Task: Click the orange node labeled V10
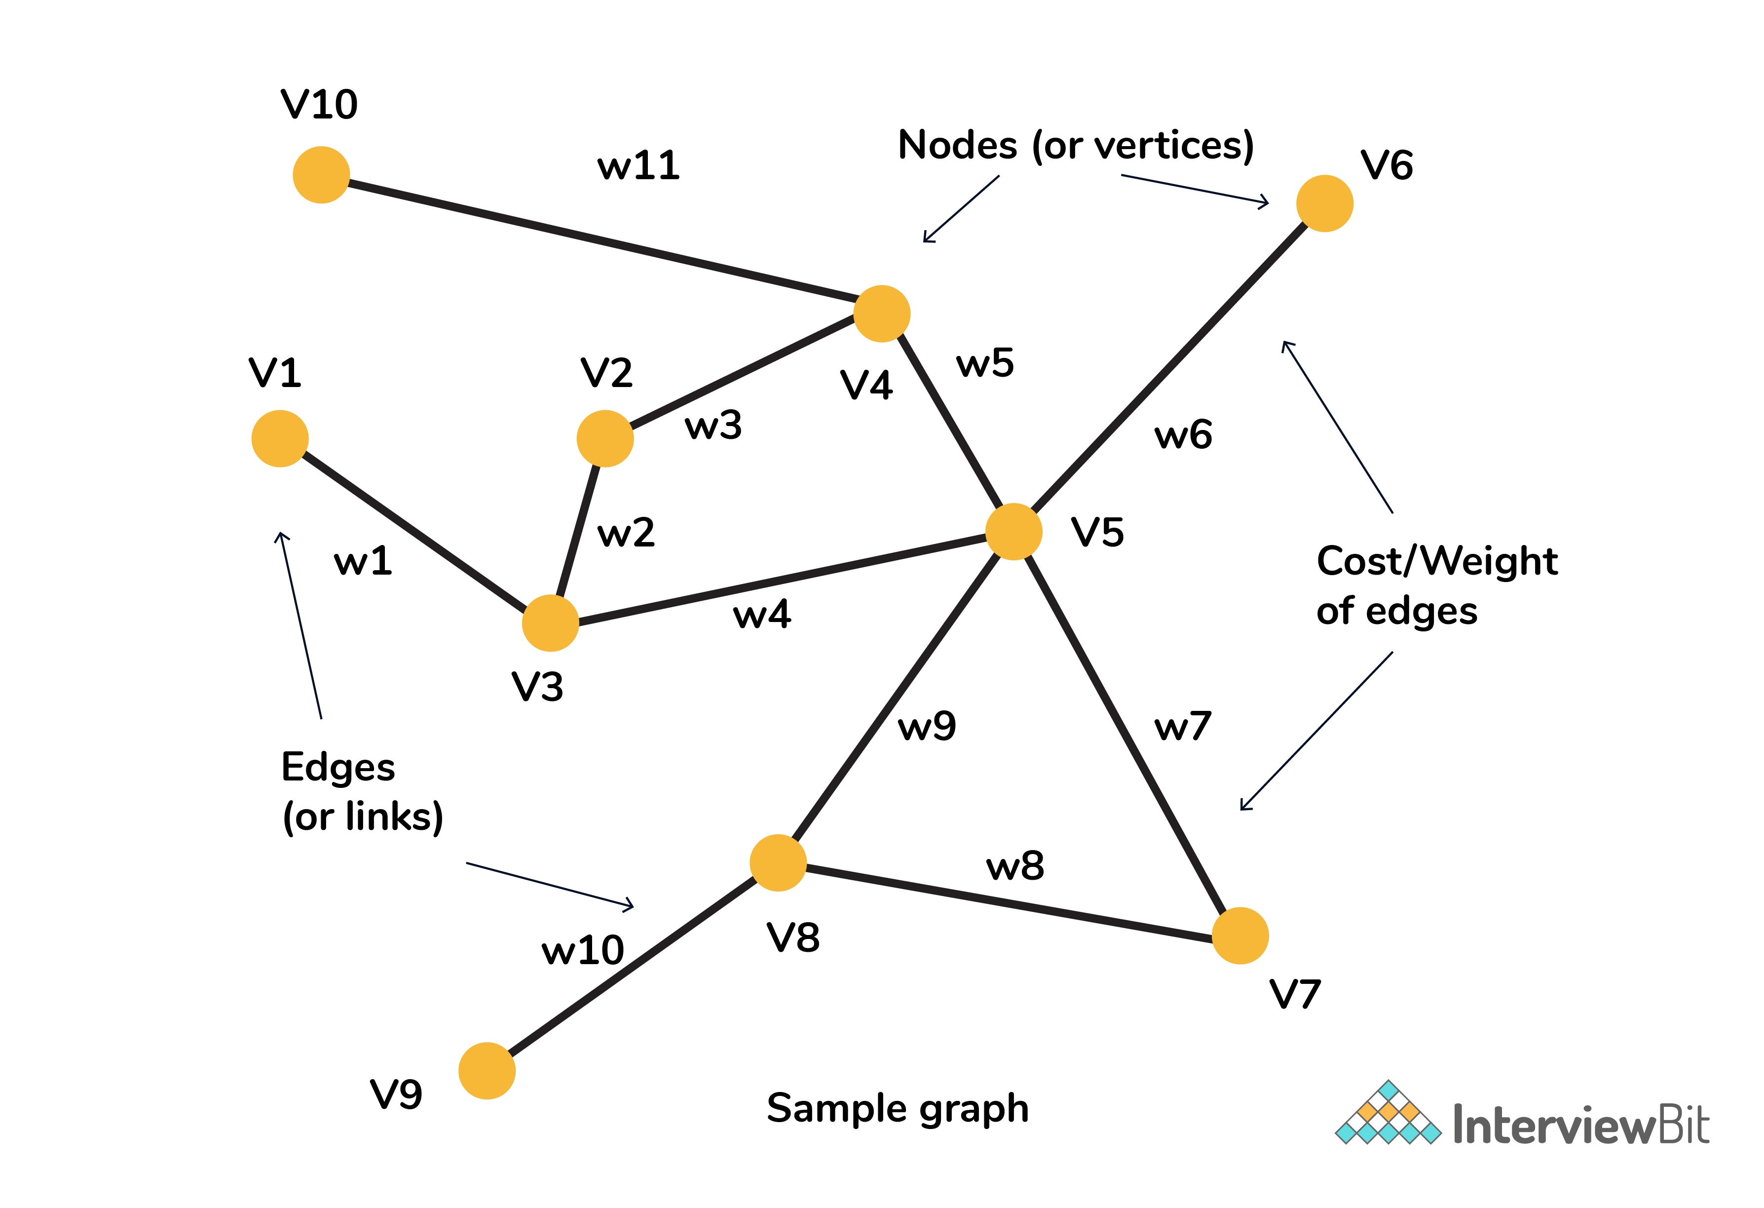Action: (321, 175)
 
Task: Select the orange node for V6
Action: (1324, 203)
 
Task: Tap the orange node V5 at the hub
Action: (1013, 532)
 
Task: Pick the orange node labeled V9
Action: (487, 1071)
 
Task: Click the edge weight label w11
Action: (638, 165)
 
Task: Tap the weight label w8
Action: (1015, 865)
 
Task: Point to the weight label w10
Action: (582, 950)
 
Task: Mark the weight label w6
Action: (1183, 435)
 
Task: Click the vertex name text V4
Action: (866, 385)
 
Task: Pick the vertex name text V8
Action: (793, 937)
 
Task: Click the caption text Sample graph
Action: (897, 1109)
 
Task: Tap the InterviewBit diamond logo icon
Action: (1388, 1113)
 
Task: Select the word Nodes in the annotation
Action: (957, 145)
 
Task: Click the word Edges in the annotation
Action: (338, 767)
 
